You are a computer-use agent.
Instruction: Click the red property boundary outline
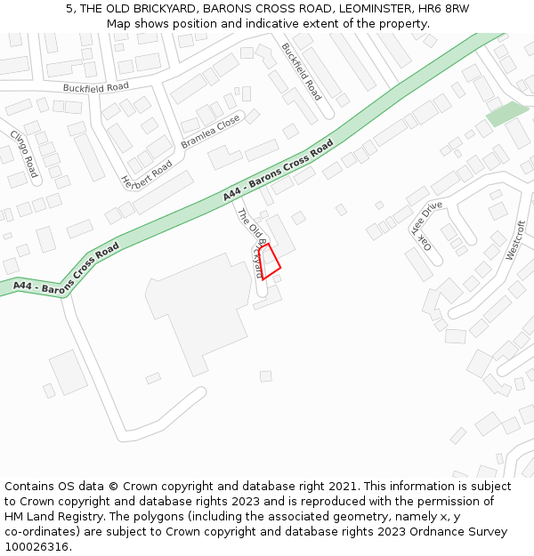[270, 262]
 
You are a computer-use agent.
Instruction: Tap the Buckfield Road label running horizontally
[95, 87]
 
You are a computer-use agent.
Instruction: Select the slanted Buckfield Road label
[301, 70]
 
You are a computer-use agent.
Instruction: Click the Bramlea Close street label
[210, 131]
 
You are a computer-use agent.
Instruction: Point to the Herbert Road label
[146, 175]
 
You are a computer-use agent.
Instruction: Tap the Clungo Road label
[24, 153]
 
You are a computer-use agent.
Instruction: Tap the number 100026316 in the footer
[36, 546]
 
